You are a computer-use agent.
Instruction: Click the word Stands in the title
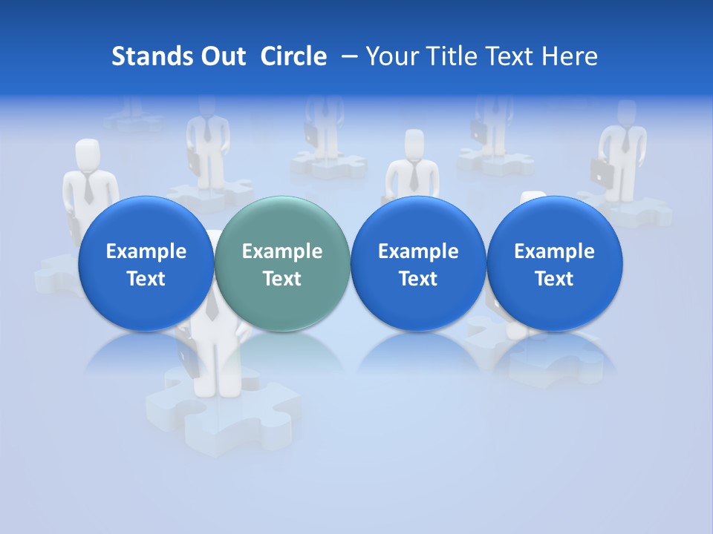[x=149, y=56]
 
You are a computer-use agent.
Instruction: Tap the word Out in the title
[x=221, y=56]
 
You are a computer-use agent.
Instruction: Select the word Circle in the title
[x=293, y=56]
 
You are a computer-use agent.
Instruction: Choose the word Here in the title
[x=570, y=56]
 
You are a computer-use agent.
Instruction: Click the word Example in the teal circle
[x=282, y=251]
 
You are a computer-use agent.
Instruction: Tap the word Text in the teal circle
[x=282, y=279]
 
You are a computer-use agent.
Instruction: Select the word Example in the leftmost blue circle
[x=146, y=251]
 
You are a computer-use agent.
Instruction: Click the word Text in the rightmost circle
[x=554, y=279]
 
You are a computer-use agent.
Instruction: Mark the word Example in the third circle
[x=418, y=251]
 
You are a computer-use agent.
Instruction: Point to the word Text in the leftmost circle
[x=146, y=279]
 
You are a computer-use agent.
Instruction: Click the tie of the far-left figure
[x=88, y=188]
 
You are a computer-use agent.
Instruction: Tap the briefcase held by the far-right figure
[x=602, y=172]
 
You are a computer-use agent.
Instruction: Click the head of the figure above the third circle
[x=414, y=143]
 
